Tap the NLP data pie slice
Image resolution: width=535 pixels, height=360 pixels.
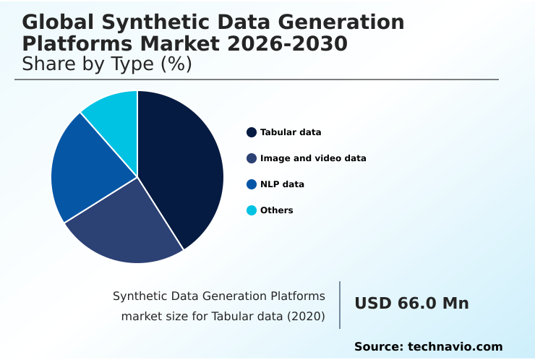coord(87,170)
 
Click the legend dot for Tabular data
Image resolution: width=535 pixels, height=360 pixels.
coord(252,132)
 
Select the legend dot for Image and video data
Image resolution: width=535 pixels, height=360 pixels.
coord(252,158)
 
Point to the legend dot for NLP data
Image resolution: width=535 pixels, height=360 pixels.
coord(252,184)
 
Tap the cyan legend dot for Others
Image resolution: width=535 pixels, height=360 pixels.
coord(252,210)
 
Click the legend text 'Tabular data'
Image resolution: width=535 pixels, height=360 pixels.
coord(291,132)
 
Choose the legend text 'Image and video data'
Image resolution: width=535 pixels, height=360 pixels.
coord(313,158)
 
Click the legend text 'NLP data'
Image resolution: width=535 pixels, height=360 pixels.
coord(282,184)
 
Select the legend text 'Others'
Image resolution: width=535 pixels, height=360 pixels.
coord(276,210)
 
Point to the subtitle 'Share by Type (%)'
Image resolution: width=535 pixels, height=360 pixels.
coord(107,64)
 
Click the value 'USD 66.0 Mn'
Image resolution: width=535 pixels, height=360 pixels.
coord(411,304)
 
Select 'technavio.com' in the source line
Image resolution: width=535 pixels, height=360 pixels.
coord(455,347)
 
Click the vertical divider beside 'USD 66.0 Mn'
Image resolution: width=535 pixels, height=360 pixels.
coord(340,304)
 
